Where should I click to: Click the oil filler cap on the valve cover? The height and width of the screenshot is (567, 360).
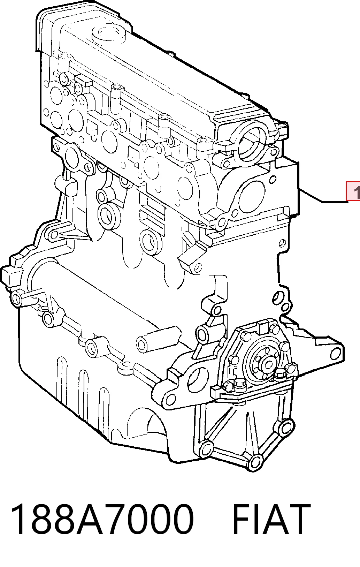pos(109,34)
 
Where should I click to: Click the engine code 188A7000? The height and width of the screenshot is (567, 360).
pos(102,520)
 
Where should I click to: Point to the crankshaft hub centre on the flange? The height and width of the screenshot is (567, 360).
pos(267,365)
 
